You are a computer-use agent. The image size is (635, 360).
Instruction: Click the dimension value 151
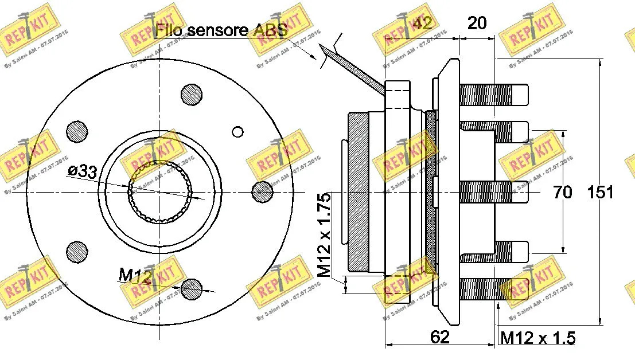(601, 192)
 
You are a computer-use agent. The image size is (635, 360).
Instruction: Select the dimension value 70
(563, 192)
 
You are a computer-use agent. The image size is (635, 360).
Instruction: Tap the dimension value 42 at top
(423, 23)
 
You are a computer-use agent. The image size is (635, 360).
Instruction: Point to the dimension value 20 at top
(477, 23)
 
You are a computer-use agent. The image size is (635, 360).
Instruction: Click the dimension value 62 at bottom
(439, 337)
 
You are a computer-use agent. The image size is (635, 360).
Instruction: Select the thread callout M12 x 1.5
(538, 338)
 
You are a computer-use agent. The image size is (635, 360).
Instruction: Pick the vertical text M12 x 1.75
(325, 235)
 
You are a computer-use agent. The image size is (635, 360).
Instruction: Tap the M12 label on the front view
(135, 276)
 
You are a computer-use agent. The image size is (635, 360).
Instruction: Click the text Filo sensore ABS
(221, 30)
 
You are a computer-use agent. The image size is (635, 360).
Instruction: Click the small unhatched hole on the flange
(238, 132)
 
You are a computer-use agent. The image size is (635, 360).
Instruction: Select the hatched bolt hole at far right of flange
(263, 191)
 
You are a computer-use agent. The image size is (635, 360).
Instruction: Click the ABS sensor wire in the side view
(356, 71)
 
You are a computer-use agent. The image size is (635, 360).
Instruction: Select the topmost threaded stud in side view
(493, 95)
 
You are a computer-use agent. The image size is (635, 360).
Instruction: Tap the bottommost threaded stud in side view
(493, 289)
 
